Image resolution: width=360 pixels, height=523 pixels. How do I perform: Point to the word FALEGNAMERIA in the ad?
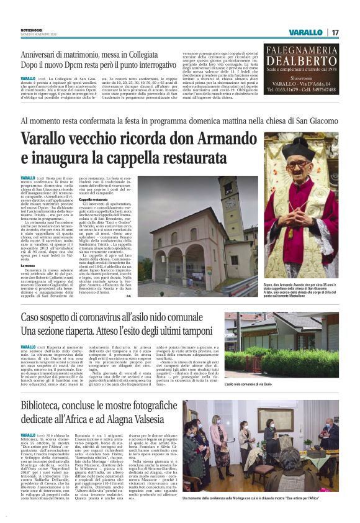tap(303, 50)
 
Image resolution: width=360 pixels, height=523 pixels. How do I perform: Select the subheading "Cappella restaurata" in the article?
tap(92, 199)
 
